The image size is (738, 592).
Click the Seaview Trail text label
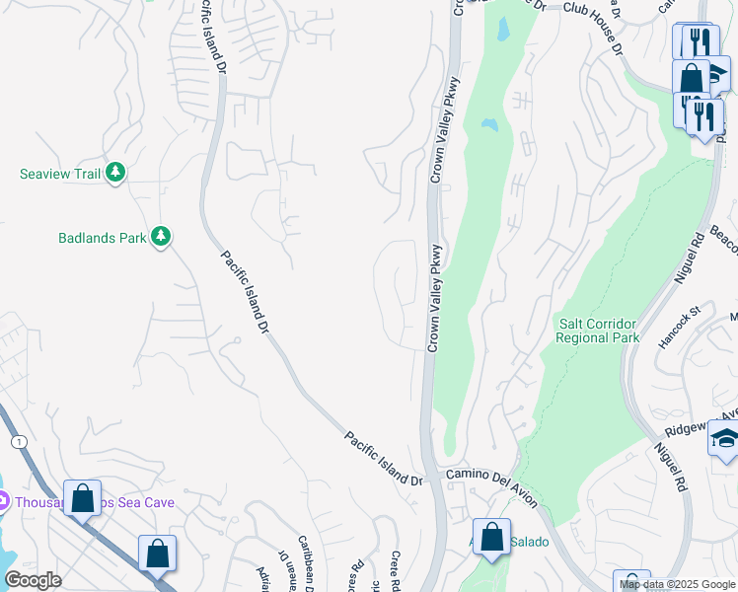point(60,175)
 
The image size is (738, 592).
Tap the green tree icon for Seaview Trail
point(116,174)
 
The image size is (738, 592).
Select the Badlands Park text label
point(101,238)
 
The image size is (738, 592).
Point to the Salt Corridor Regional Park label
point(597,331)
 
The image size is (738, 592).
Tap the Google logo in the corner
point(33,580)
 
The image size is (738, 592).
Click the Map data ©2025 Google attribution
point(677,584)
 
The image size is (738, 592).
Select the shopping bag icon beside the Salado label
point(491,539)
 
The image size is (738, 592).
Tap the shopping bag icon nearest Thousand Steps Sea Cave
point(83,498)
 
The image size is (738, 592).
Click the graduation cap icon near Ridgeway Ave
point(724,439)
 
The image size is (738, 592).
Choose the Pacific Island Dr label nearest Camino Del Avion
point(383,458)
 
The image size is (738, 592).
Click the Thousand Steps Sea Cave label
point(94,502)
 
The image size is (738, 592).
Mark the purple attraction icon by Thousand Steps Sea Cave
point(3,502)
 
